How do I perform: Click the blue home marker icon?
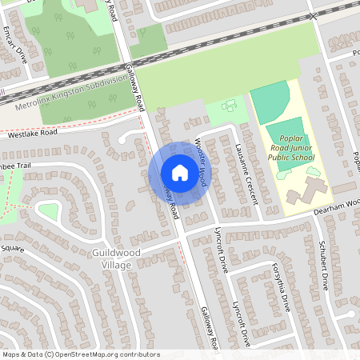point(179,173)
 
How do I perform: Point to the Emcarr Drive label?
point(15,47)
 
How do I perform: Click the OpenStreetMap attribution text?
point(80,354)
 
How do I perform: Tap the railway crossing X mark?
point(314,15)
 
